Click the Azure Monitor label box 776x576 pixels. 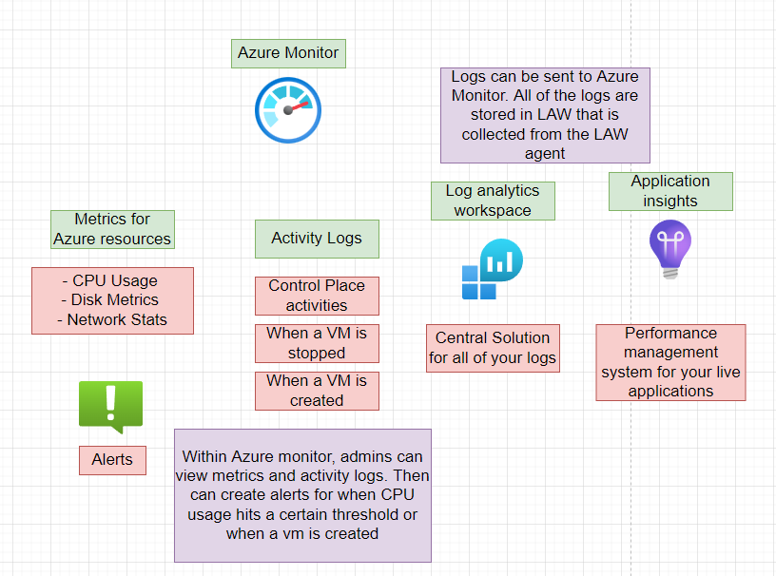point(288,53)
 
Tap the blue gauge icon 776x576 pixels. point(287,110)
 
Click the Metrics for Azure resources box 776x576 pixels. point(112,229)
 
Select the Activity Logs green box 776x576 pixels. point(317,239)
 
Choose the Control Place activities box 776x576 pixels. point(317,296)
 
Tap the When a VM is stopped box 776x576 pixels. point(317,343)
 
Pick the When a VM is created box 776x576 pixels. point(317,391)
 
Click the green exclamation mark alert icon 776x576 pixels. point(110,405)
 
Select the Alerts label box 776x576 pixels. point(112,460)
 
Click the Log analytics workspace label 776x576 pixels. point(492,201)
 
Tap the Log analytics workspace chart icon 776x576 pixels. point(493,269)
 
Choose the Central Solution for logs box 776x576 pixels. point(493,348)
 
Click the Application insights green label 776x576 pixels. point(670,191)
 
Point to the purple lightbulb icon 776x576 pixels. point(670,249)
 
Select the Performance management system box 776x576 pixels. point(670,362)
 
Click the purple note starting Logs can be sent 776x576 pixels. point(545,115)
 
